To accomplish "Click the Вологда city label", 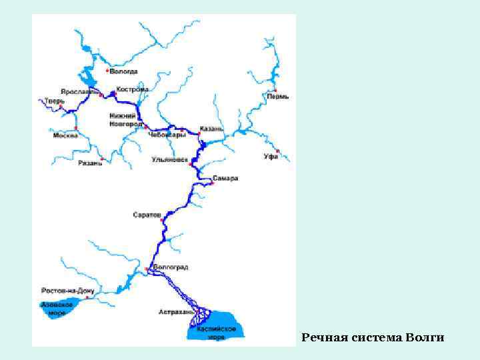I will pos(124,71).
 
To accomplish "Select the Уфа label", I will pos(270,157).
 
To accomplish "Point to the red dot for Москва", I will pos(77,127).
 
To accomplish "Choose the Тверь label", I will pos(53,101).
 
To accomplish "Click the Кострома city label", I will pos(132,89).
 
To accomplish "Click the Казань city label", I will pos(211,128).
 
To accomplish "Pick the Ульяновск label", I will pos(169,160).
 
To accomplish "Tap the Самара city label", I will pos(225,179).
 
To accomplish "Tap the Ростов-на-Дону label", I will pos(68,291).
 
